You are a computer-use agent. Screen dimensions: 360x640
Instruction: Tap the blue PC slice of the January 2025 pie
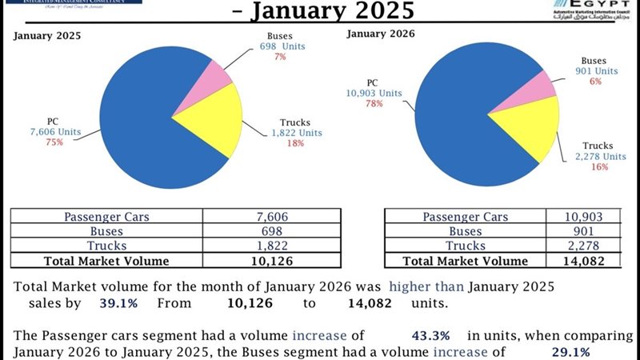pos(152,120)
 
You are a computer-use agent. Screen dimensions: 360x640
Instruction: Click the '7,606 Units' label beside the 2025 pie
pos(55,132)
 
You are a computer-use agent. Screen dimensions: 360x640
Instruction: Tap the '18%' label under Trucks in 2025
pos(296,142)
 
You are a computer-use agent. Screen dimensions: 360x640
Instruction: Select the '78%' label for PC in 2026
pos(373,105)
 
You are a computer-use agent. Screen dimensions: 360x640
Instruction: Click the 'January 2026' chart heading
pos(380,33)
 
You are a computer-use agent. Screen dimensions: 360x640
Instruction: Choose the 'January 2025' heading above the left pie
pos(47,36)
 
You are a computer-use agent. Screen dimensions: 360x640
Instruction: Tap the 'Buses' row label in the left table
pos(106,231)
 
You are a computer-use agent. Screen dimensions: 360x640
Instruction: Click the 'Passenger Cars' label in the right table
pos(465,217)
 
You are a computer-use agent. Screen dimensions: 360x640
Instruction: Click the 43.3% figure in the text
pos(430,334)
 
